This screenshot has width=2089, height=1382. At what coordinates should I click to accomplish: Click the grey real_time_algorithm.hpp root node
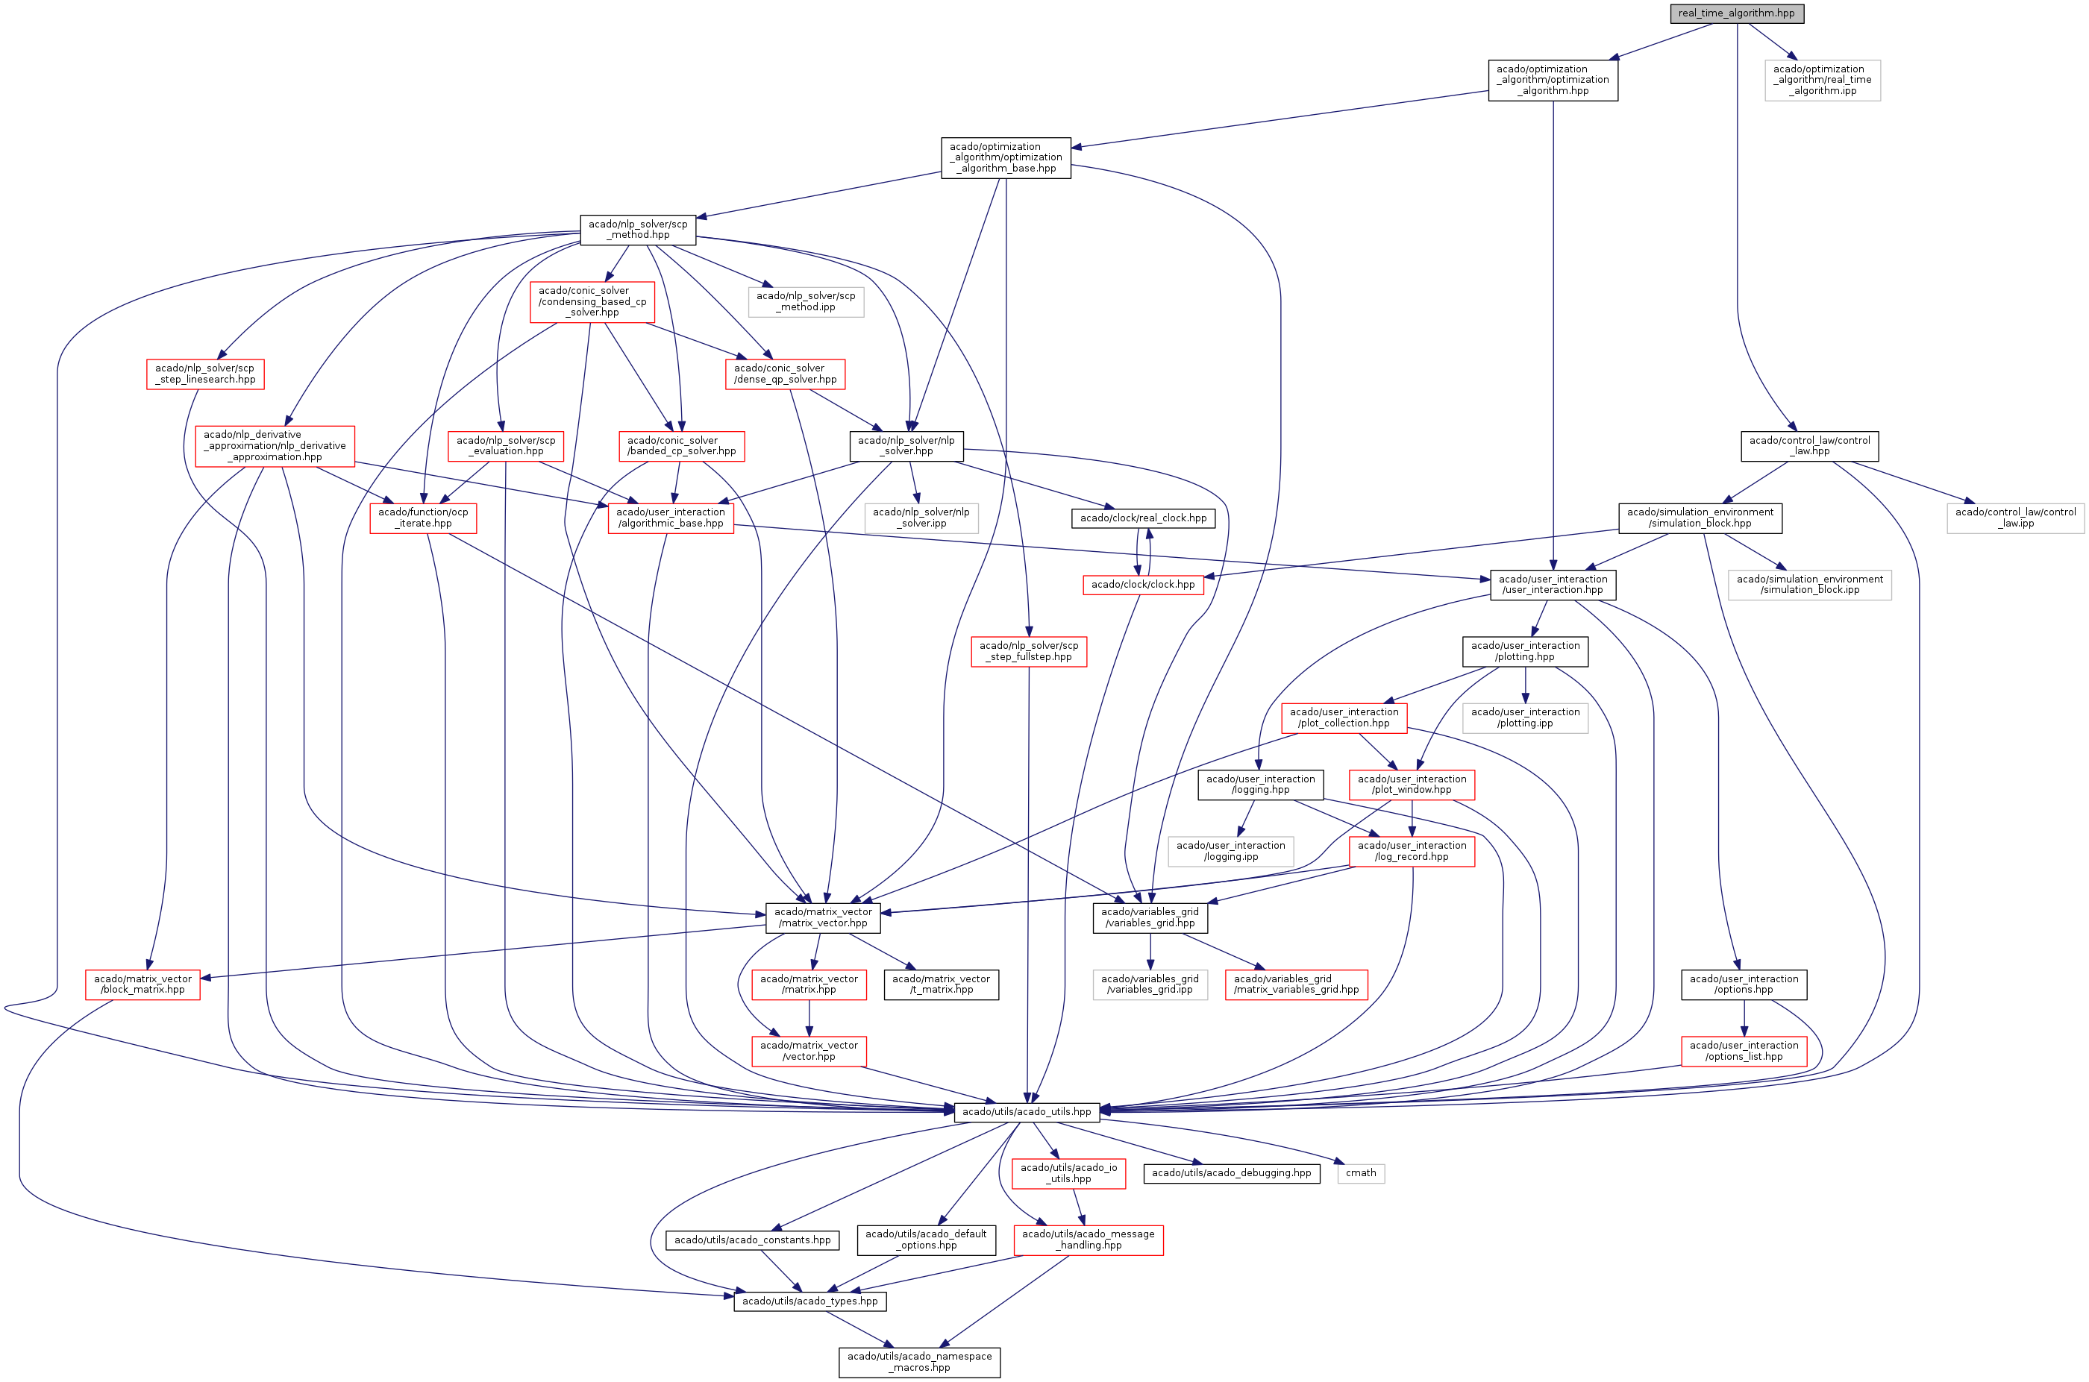point(1735,13)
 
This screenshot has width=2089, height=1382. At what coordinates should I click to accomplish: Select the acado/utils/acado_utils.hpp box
point(1026,1111)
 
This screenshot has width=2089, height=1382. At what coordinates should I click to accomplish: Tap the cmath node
point(1360,1173)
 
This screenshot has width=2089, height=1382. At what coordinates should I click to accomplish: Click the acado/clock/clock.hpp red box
point(1142,585)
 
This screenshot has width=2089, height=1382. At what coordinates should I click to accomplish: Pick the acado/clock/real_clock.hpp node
point(1142,518)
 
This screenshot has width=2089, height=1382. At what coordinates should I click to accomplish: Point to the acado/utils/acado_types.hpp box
point(809,1301)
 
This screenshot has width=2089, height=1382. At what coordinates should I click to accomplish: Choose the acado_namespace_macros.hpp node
point(918,1362)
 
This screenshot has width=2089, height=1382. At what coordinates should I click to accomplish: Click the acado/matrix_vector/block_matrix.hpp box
point(142,984)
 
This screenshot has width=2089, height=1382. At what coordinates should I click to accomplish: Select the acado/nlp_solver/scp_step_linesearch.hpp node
point(204,374)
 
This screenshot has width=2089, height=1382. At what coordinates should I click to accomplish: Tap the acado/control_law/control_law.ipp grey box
point(2015,518)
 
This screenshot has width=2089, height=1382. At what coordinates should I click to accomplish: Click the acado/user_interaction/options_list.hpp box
point(1743,1051)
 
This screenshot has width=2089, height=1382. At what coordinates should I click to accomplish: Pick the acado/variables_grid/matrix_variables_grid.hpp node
point(1296,984)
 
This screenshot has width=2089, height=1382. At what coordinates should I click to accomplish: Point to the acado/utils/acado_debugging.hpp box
point(1230,1173)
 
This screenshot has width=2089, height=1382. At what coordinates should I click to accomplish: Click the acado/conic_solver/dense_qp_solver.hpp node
point(784,374)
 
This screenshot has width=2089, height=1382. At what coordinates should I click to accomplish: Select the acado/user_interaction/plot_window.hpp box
point(1411,785)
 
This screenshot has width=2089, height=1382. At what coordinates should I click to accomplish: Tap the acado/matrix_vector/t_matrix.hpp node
point(941,984)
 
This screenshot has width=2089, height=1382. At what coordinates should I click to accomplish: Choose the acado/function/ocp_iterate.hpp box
point(423,518)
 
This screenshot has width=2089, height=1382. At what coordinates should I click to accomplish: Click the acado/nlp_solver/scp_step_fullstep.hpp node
point(1028,651)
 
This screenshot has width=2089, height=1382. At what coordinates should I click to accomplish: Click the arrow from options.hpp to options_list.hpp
point(1744,1018)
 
